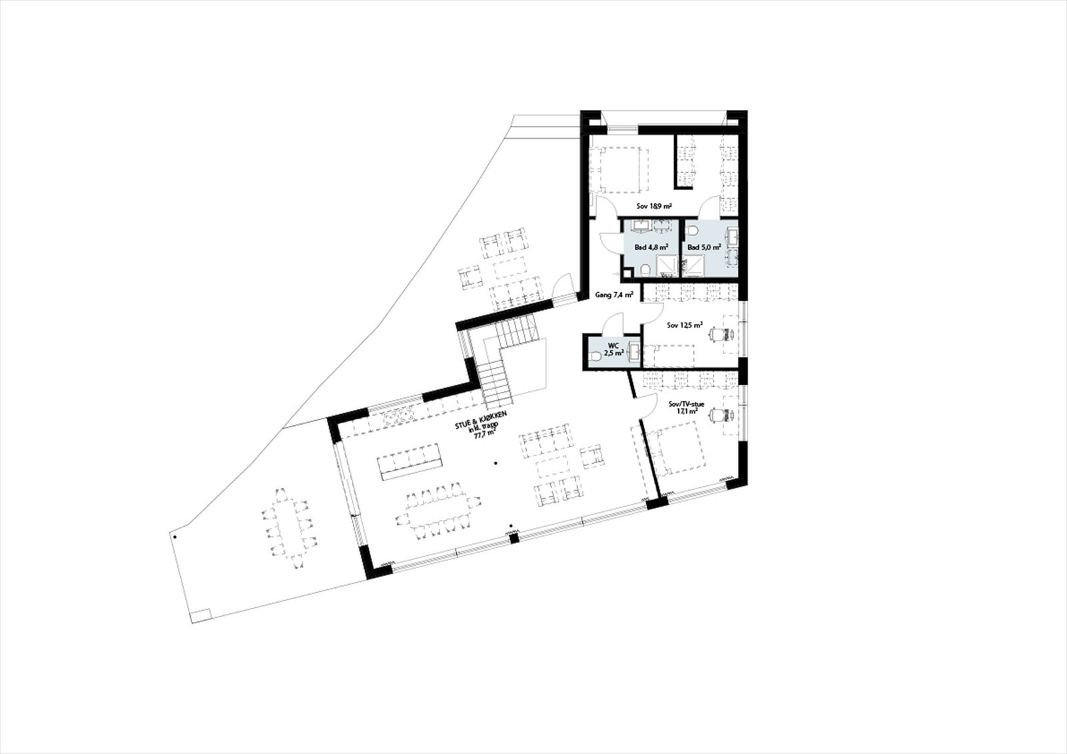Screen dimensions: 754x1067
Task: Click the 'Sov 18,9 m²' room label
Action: pyautogui.click(x=654, y=207)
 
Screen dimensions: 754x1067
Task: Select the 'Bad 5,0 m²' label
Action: pyautogui.click(x=704, y=247)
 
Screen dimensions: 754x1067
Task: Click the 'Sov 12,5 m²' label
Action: pyautogui.click(x=685, y=325)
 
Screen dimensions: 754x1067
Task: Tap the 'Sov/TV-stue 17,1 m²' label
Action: pyautogui.click(x=686, y=407)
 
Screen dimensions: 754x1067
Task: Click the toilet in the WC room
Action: pyautogui.click(x=596, y=357)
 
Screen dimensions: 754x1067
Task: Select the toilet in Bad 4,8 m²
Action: pyautogui.click(x=646, y=269)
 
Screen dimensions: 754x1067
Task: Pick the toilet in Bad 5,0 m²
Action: pyautogui.click(x=693, y=231)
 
